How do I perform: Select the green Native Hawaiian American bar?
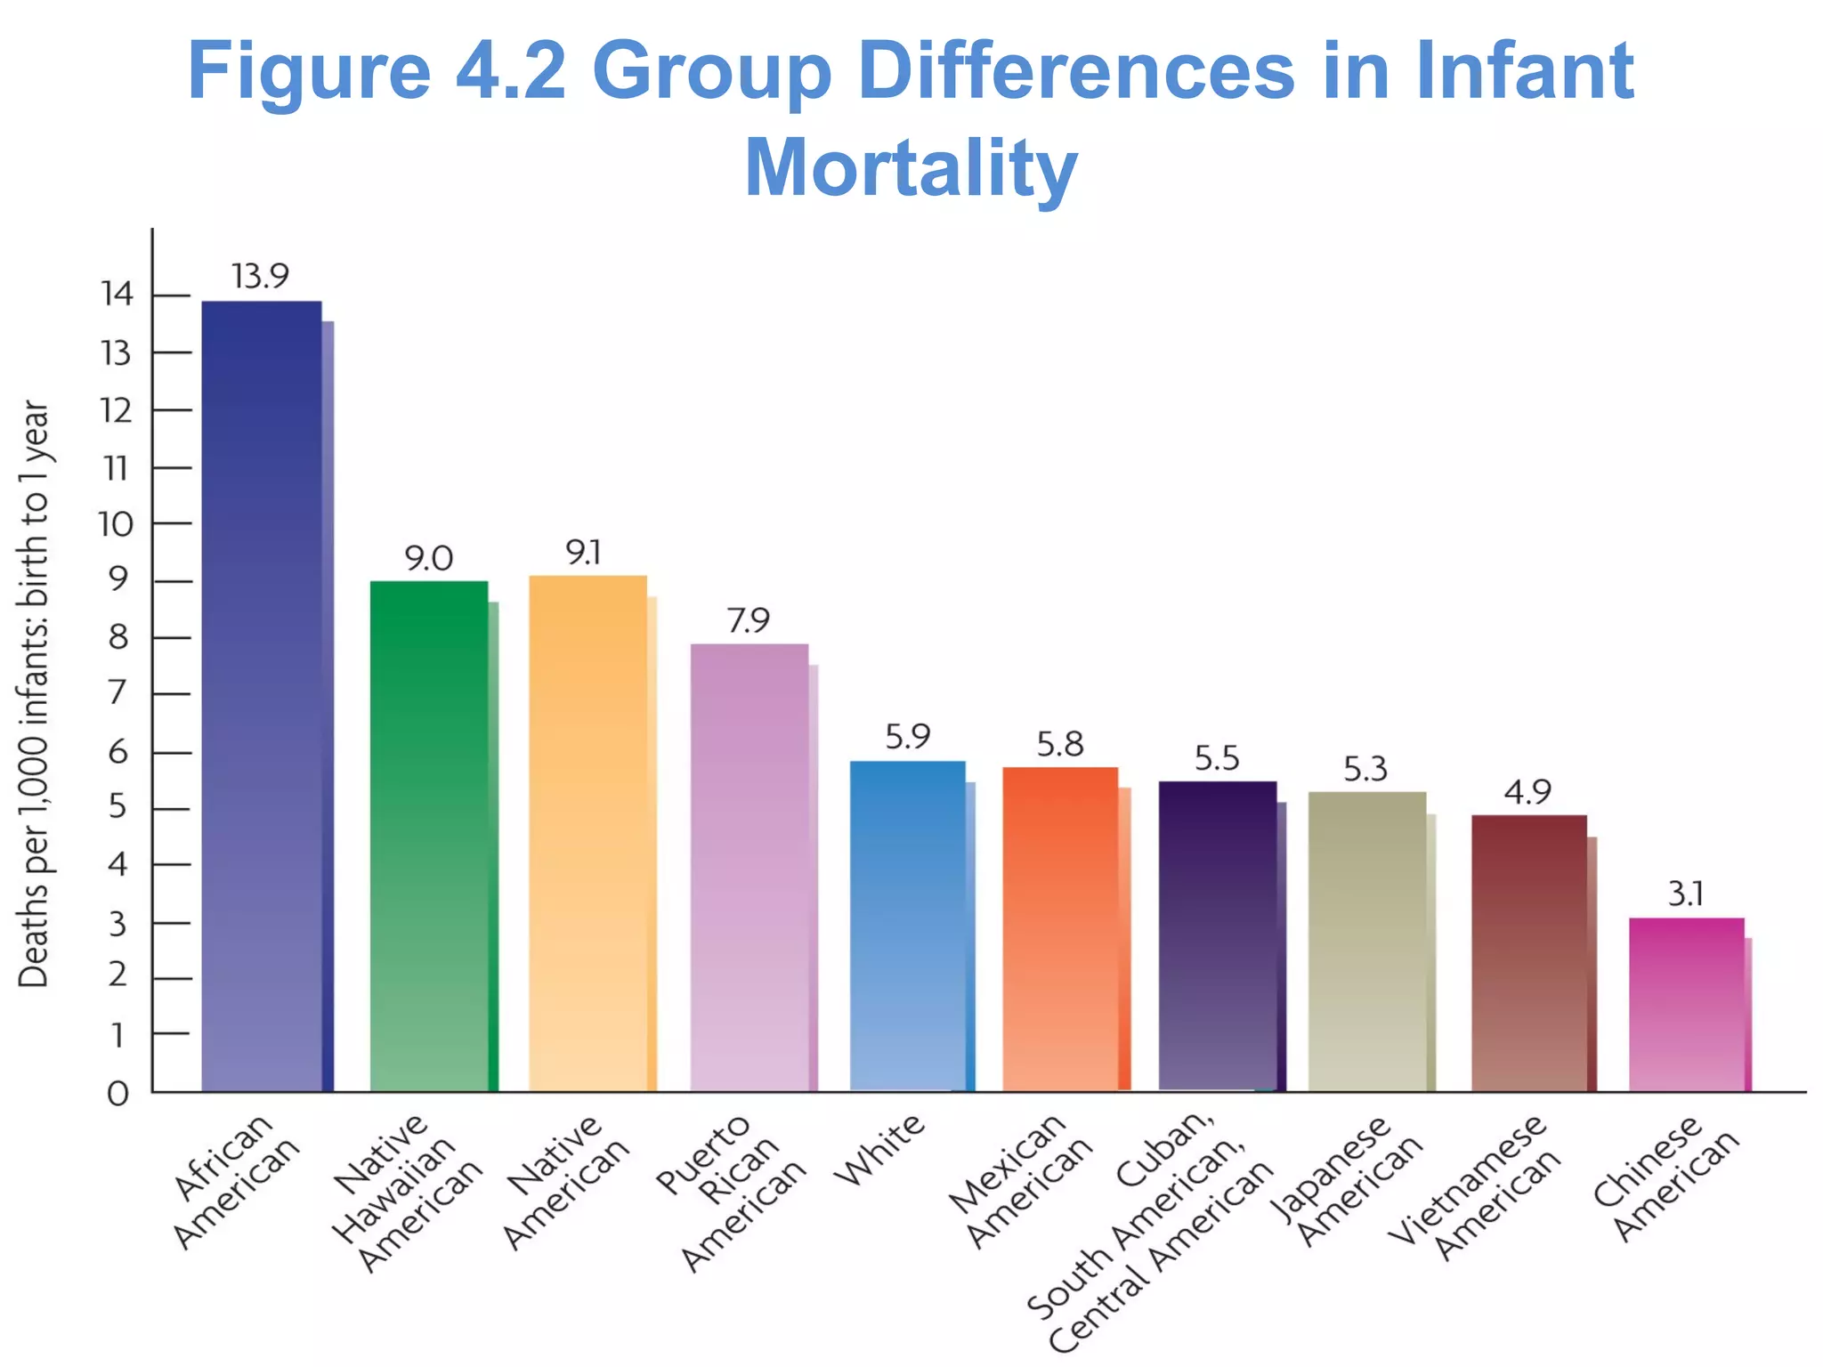point(429,837)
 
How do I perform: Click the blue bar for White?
point(907,926)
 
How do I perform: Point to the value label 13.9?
point(260,276)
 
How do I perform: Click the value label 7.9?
point(748,620)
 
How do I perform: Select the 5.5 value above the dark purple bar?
point(1217,758)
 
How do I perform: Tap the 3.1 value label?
point(1685,894)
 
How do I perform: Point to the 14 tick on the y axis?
point(117,294)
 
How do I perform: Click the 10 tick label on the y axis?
point(116,524)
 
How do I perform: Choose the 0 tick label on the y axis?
point(117,1093)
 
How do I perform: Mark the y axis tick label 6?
point(117,753)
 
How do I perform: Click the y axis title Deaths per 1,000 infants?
point(34,694)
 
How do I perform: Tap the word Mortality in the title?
point(910,167)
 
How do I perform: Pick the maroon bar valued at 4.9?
point(1528,952)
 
